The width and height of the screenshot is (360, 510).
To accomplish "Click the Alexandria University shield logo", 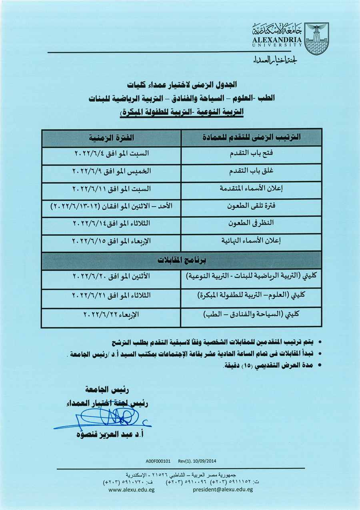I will click(316, 38).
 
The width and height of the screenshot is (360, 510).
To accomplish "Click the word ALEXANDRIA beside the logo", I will click(277, 40).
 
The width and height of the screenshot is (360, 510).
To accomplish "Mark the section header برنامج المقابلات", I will click(182, 260).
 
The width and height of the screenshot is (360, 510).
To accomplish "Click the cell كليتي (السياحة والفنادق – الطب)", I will click(252, 315).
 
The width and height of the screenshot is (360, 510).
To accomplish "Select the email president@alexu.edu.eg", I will click(222, 490).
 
